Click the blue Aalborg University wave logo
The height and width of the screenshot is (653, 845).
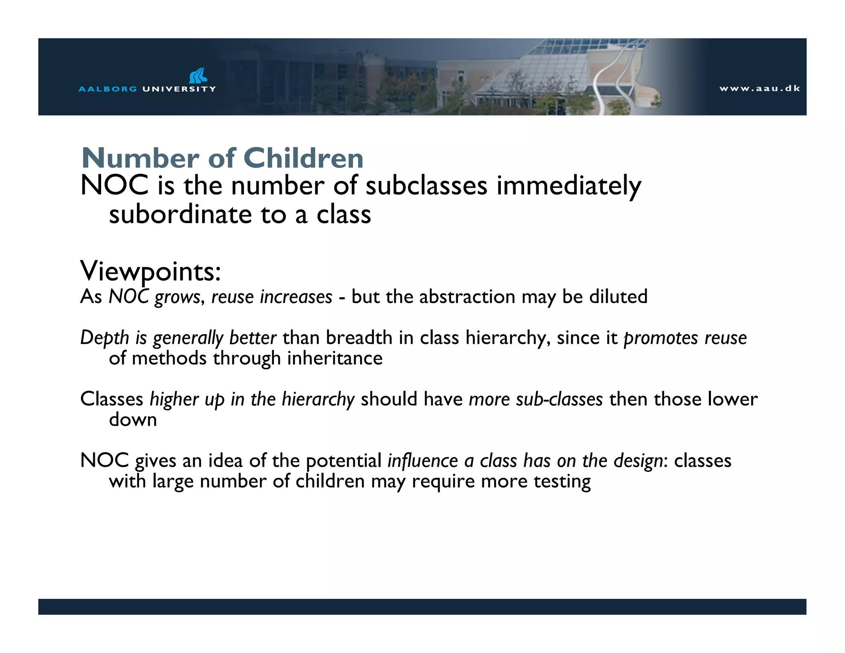click(198, 76)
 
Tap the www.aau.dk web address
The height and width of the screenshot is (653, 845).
click(760, 88)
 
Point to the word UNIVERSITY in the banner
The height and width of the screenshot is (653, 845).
click(179, 89)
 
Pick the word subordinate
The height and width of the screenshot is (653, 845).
click(180, 215)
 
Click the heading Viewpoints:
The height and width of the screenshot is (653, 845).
click(151, 272)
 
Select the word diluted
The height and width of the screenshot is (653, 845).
click(618, 297)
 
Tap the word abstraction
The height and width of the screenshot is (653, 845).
click(467, 297)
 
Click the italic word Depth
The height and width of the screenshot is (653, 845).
click(105, 338)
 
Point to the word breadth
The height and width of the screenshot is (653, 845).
click(359, 338)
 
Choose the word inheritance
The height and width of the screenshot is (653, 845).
click(335, 358)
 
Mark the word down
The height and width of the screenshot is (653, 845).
click(133, 420)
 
